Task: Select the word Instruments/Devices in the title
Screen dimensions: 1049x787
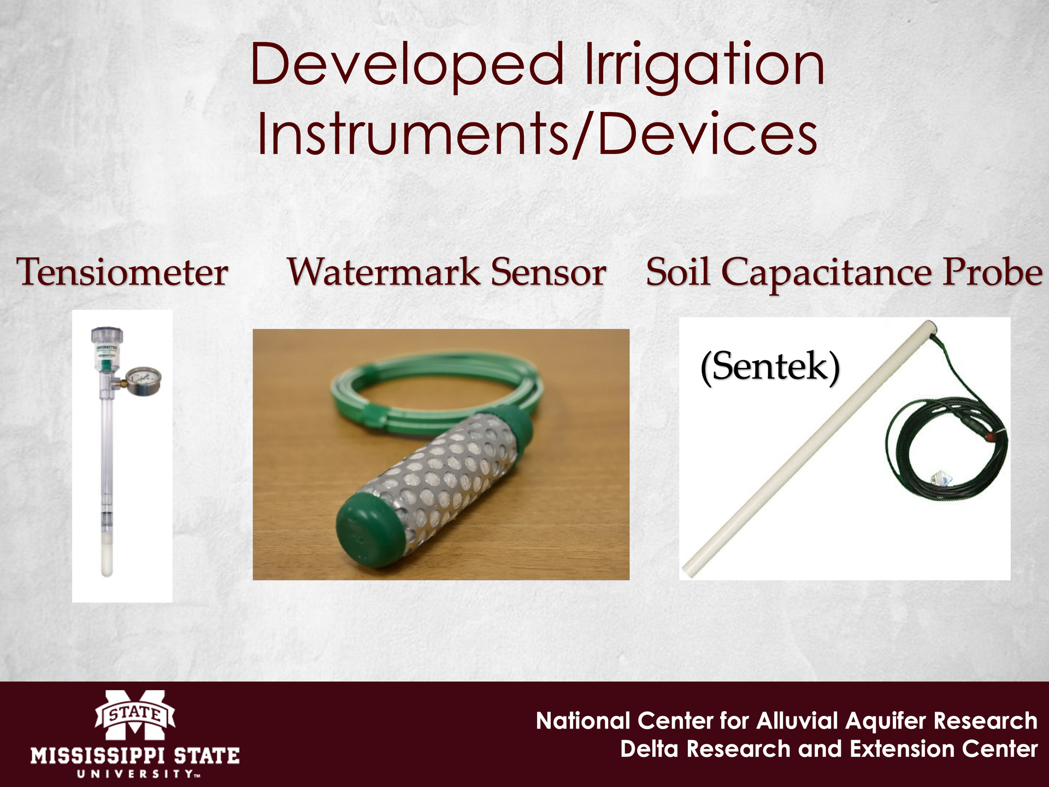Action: point(538,133)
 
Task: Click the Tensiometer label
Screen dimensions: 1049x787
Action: point(122,272)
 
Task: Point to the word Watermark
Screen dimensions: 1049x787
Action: point(384,272)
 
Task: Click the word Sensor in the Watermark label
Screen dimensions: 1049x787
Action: point(549,272)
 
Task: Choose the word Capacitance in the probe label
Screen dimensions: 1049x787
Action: point(830,273)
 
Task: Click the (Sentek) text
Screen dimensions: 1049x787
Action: point(770,367)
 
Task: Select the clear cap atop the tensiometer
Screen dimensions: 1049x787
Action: point(107,336)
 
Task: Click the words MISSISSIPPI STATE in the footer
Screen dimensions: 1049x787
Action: point(135,756)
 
